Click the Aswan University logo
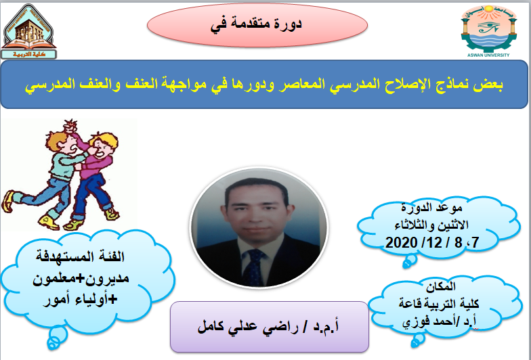pyautogui.click(x=489, y=30)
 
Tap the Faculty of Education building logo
pyautogui.click(x=28, y=31)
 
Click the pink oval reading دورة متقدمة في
pyautogui.click(x=257, y=25)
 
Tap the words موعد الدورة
pyautogui.click(x=432, y=207)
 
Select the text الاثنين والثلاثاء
pyautogui.click(x=431, y=225)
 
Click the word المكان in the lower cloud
pyautogui.click(x=440, y=287)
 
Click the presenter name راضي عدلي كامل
pyautogui.click(x=251, y=327)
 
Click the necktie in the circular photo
pyautogui.click(x=253, y=267)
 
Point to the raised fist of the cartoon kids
pyautogui.click(x=70, y=127)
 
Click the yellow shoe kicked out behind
pyautogui.click(x=8, y=202)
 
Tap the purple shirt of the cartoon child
pyautogui.click(x=97, y=165)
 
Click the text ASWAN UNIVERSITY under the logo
pyautogui.click(x=488, y=55)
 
